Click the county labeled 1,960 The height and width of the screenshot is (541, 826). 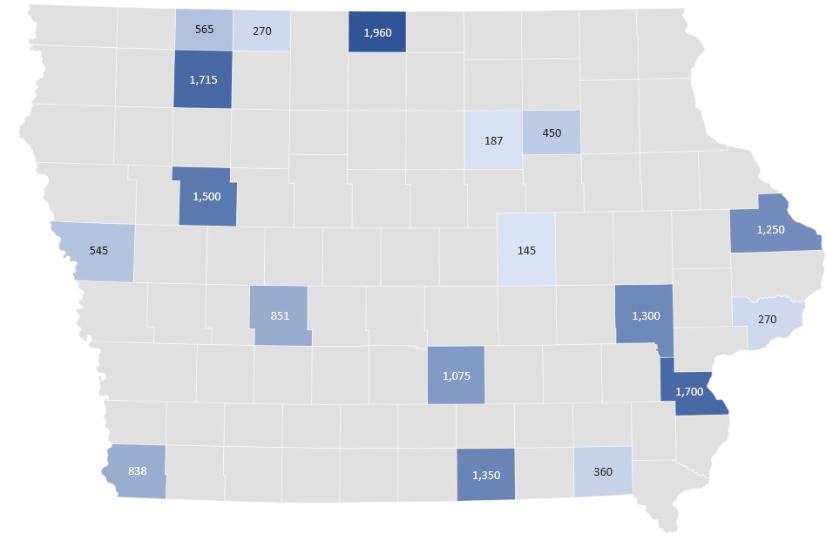(376, 32)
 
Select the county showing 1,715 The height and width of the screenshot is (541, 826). (203, 79)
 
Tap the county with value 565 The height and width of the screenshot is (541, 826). (203, 29)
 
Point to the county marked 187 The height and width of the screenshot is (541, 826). (493, 139)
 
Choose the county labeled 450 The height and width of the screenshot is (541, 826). (552, 132)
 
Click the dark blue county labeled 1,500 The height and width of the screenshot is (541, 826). (206, 196)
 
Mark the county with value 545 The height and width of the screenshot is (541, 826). (98, 251)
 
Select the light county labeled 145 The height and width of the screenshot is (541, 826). (525, 250)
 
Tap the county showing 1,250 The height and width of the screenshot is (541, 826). (771, 228)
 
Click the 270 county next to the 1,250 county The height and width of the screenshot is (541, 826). (766, 320)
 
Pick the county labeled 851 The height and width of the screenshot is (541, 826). (279, 315)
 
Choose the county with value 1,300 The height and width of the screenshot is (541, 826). (645, 315)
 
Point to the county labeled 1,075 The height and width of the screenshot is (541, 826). (456, 375)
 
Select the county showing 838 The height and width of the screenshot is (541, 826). (137, 471)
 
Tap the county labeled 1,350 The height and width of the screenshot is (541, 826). (485, 475)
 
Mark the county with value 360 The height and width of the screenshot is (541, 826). (602, 471)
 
